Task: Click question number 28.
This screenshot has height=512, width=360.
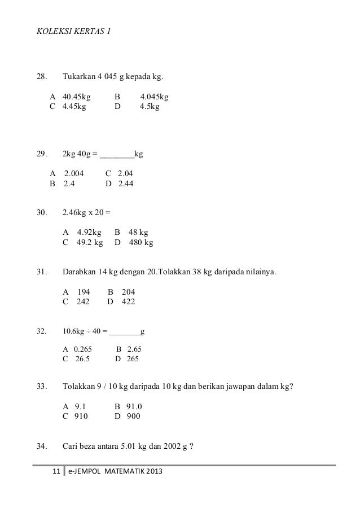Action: [41, 77]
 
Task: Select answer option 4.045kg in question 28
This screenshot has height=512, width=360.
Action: [154, 97]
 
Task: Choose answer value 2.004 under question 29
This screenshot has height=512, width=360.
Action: [74, 173]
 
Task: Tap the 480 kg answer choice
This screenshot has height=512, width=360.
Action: [141, 243]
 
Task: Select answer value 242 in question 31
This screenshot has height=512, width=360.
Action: [83, 301]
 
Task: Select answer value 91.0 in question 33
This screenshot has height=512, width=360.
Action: [134, 407]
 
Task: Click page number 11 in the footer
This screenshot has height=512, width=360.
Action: [56, 471]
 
